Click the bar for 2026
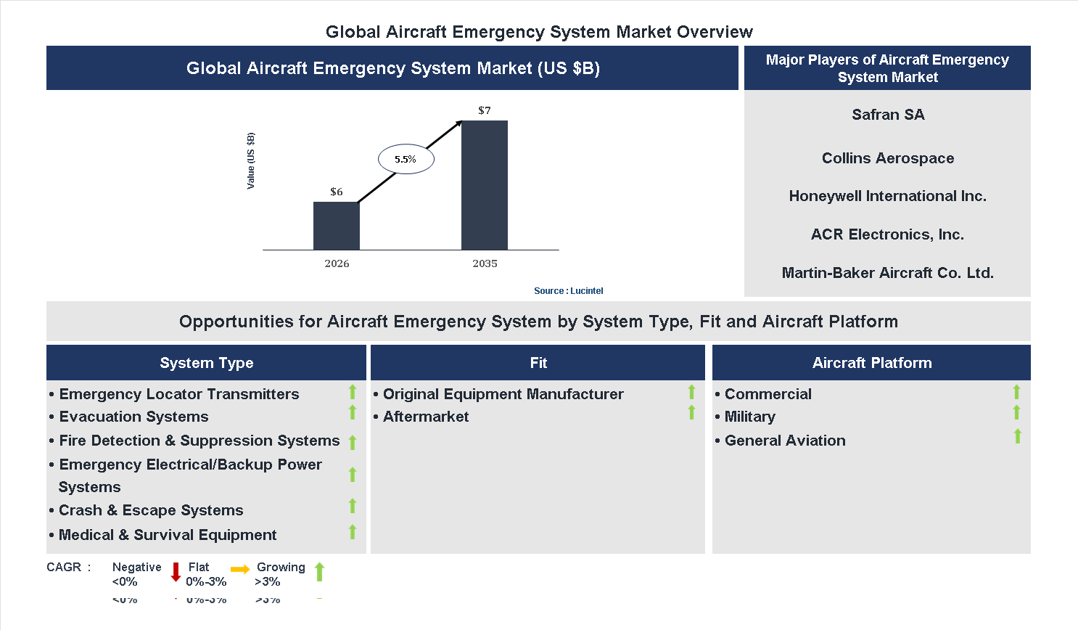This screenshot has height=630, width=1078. [x=336, y=226]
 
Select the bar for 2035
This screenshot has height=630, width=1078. [x=484, y=185]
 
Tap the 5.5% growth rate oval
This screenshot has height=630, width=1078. [x=406, y=159]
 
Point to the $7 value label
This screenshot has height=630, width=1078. [x=485, y=110]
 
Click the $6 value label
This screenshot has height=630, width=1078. [x=337, y=192]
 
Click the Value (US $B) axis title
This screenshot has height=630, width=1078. [x=251, y=160]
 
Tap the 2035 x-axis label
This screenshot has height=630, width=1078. [x=485, y=263]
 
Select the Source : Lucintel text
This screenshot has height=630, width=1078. [x=568, y=290]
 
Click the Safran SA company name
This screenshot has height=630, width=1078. [x=887, y=115]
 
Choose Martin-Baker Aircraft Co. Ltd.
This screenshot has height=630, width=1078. [x=887, y=273]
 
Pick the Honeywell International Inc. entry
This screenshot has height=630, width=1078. [x=887, y=196]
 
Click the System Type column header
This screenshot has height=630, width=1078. [x=206, y=363]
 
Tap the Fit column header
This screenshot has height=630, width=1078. [x=538, y=363]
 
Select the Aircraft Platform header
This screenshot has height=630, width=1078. [x=871, y=363]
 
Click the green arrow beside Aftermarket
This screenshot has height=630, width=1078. [x=691, y=412]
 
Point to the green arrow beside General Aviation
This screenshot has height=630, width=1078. [x=1017, y=436]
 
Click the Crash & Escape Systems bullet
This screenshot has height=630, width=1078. [x=151, y=510]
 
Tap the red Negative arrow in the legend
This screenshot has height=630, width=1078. [x=176, y=572]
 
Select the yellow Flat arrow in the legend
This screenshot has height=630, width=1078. [x=240, y=570]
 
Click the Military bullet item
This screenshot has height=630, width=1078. [x=749, y=417]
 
